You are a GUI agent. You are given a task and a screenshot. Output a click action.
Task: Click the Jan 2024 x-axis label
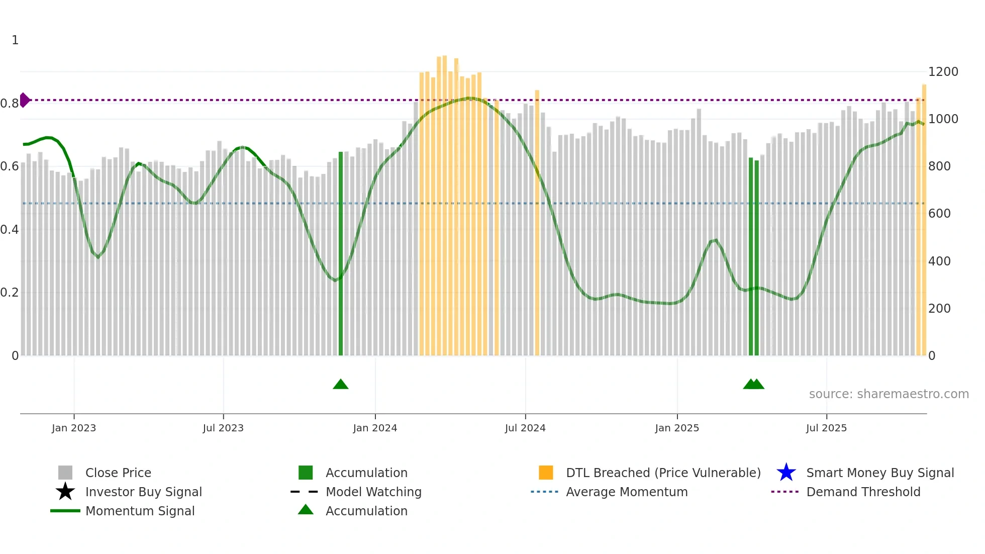pos(375,428)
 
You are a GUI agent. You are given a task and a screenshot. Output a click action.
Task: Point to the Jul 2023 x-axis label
pos(223,428)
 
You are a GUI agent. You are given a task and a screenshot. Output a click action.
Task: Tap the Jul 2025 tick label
pos(826,428)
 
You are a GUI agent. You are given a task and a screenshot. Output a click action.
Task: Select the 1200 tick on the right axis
pos(943,72)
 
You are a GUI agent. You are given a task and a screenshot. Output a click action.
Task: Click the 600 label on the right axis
pos(939,214)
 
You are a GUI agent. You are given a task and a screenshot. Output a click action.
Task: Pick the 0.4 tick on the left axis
pos(10,230)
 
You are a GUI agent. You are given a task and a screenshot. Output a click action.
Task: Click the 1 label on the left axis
pos(15,40)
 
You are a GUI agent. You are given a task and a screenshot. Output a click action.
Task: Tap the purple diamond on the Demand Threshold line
pos(24,100)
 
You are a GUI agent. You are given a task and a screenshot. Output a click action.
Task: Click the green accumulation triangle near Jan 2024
pos(341,385)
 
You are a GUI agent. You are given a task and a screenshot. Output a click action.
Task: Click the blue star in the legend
pos(786,473)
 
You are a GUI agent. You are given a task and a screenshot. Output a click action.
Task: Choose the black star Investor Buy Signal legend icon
pos(65,492)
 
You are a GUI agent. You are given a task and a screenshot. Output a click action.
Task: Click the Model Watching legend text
pos(373,492)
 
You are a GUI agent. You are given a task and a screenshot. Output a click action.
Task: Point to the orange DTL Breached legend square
pos(546,473)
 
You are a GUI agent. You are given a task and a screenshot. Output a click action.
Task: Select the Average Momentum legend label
pos(627,492)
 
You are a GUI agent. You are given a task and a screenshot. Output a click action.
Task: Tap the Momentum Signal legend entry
pos(140,511)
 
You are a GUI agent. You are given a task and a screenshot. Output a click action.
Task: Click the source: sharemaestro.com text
pos(889,394)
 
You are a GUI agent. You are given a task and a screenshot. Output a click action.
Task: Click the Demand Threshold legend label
pos(863,492)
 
